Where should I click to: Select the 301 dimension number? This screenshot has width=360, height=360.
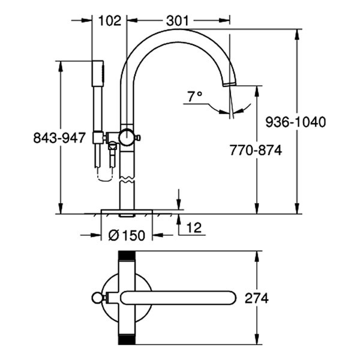(178, 20)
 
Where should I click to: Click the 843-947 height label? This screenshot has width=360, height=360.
(59, 138)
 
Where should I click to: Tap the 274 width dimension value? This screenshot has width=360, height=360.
(256, 298)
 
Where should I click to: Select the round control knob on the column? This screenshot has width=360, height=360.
(127, 137)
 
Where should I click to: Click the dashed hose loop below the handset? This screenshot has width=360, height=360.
(104, 176)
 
